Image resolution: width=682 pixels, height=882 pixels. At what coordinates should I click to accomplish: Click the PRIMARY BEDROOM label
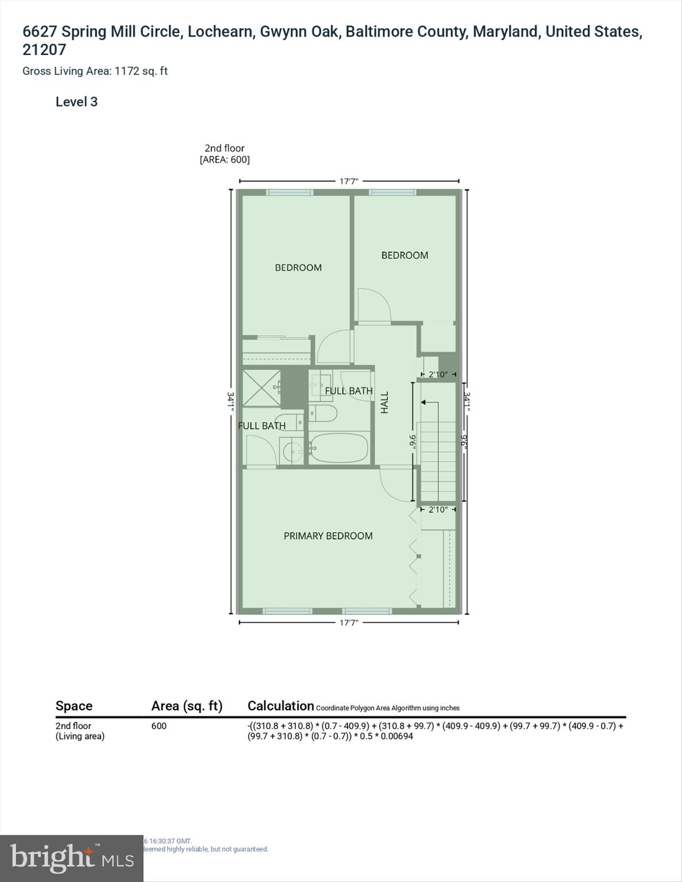(x=328, y=536)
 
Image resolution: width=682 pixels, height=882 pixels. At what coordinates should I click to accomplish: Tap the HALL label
(x=385, y=402)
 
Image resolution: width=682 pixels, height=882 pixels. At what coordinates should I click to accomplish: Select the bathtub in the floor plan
(x=338, y=447)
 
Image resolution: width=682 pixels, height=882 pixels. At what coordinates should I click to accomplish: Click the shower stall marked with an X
(x=261, y=388)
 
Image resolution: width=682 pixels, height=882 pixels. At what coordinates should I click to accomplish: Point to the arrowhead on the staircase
(x=425, y=403)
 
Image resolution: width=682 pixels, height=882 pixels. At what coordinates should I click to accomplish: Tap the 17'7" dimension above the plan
(x=349, y=181)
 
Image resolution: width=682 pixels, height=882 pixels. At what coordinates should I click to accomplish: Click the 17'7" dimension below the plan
(x=349, y=622)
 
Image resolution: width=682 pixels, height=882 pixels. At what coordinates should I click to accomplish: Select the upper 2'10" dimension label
(x=438, y=374)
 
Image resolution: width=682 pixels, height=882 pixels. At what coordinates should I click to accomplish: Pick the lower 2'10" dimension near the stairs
(x=438, y=509)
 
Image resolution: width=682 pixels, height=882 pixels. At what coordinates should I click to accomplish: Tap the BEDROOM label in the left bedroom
(x=298, y=268)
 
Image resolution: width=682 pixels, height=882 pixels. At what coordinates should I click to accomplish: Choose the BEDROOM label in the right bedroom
(x=404, y=256)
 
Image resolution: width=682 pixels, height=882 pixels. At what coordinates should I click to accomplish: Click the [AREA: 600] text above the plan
(x=225, y=160)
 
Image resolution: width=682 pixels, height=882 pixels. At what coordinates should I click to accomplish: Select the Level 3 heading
(x=76, y=102)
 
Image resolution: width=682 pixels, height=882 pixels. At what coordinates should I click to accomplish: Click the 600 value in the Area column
(x=159, y=726)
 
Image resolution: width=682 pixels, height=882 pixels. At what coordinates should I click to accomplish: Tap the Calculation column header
(x=280, y=706)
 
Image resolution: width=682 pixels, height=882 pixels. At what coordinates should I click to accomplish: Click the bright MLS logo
(x=71, y=858)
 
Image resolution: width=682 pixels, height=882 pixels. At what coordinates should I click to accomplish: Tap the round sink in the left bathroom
(x=293, y=451)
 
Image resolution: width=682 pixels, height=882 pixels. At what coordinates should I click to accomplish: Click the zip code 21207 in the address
(x=44, y=50)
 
